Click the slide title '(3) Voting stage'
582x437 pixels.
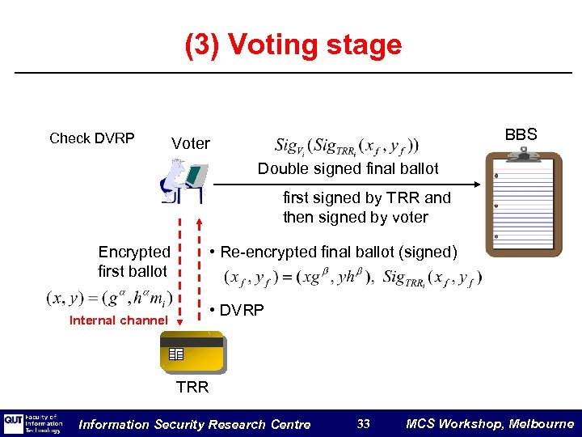pyautogui.click(x=293, y=45)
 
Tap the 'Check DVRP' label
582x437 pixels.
pyautogui.click(x=91, y=138)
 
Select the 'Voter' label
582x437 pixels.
pyautogui.click(x=190, y=144)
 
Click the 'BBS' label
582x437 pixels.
pyautogui.click(x=520, y=134)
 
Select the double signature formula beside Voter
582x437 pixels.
pyautogui.click(x=347, y=146)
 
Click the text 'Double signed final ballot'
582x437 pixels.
pyautogui.click(x=348, y=169)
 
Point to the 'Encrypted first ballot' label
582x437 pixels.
pyautogui.click(x=133, y=261)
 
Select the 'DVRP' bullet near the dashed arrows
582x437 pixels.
pyautogui.click(x=236, y=311)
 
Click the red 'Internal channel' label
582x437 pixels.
pyautogui.click(x=119, y=320)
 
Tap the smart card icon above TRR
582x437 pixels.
pyautogui.click(x=193, y=352)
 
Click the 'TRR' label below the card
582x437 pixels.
pyautogui.click(x=192, y=387)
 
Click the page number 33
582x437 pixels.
pyautogui.click(x=363, y=424)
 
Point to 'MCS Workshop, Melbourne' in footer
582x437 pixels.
pyautogui.click(x=489, y=424)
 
